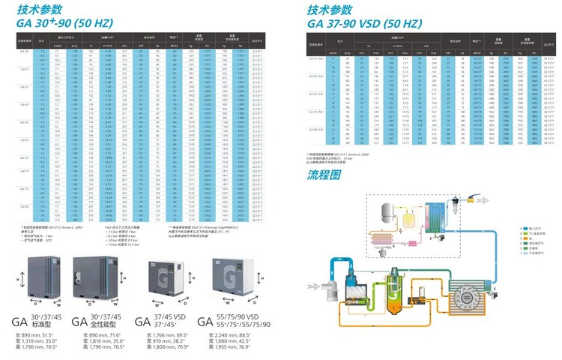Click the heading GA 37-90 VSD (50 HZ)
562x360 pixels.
coord(365,23)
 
